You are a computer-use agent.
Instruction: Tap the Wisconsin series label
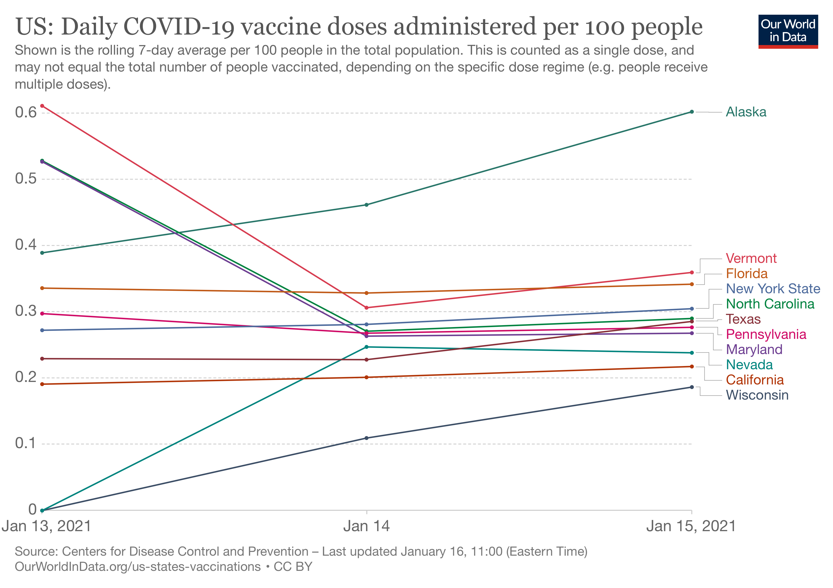(757, 395)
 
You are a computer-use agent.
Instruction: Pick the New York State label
(773, 289)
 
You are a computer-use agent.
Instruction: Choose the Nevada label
(749, 365)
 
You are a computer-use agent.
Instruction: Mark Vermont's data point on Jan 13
(42, 106)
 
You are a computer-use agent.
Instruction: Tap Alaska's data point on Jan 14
(367, 205)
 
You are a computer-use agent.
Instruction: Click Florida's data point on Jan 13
(42, 288)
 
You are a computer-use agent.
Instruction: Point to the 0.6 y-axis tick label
(26, 112)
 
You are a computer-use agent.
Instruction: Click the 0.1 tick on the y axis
(26, 443)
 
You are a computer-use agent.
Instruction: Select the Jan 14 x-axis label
(367, 526)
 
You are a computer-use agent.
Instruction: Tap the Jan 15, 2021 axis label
(691, 526)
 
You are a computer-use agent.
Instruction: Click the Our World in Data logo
(788, 31)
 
